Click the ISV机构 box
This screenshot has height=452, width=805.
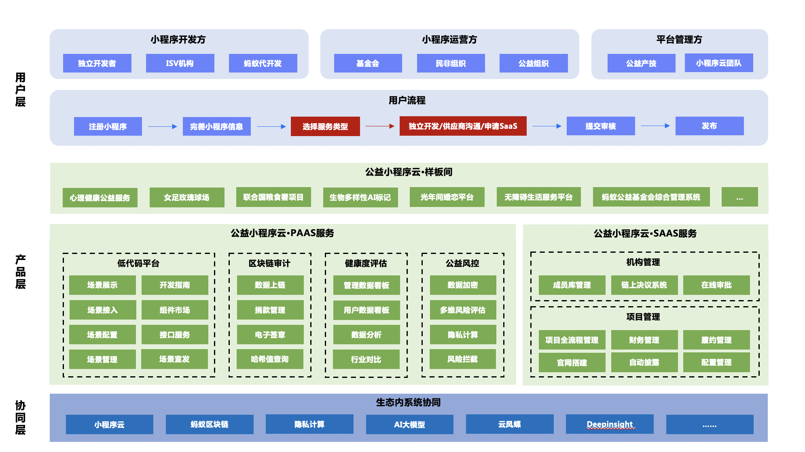(x=180, y=63)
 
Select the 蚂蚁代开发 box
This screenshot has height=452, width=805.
(x=263, y=63)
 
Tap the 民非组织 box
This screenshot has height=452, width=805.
(x=451, y=63)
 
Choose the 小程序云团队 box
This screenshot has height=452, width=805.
(x=719, y=63)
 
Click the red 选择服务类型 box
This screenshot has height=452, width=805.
(x=325, y=126)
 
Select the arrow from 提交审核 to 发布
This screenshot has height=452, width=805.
(x=655, y=126)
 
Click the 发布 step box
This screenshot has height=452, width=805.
(x=709, y=126)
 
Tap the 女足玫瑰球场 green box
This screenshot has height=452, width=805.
(x=186, y=197)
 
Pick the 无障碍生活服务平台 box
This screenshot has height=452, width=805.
(x=538, y=197)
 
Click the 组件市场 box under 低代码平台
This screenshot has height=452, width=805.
(x=175, y=310)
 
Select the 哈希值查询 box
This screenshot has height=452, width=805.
(x=270, y=359)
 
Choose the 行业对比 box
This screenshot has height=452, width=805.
(x=366, y=359)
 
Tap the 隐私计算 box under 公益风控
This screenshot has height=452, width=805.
(x=463, y=335)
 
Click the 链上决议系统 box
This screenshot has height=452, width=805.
(x=644, y=285)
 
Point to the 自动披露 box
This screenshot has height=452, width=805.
(x=644, y=362)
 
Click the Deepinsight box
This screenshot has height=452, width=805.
(x=610, y=424)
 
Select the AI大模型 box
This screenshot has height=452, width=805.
(x=409, y=424)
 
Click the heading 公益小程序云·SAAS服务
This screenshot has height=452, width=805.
(x=645, y=233)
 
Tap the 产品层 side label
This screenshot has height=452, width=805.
(x=20, y=272)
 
